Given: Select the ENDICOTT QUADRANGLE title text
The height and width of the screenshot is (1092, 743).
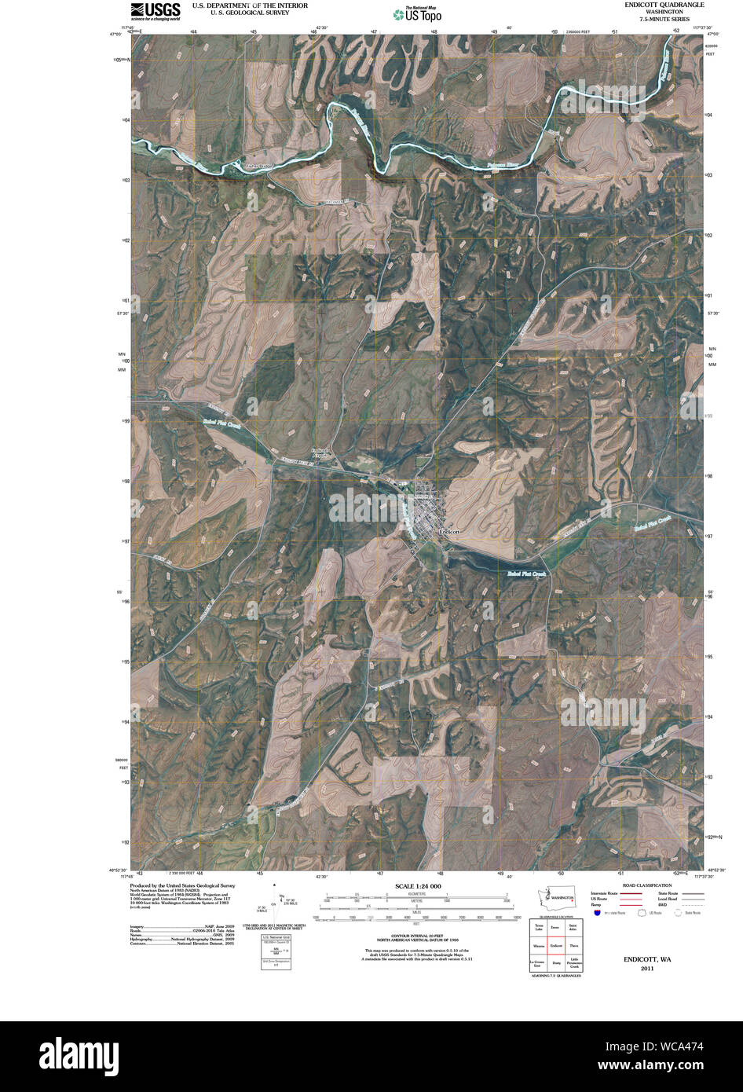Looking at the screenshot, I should (661, 5).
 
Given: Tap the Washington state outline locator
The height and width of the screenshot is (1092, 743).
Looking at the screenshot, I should (561, 896).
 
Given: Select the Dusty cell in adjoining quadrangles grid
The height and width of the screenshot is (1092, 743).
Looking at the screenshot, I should (557, 962).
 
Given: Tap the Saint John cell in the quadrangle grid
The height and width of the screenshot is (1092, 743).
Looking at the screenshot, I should (574, 929).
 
